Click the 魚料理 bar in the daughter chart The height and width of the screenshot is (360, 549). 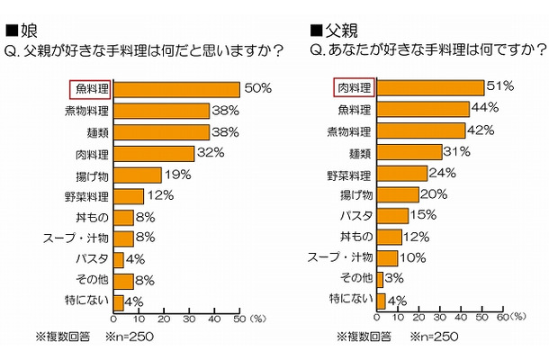tap(176, 89)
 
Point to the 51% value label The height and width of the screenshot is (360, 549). tap(499, 86)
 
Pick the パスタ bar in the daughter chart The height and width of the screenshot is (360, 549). tap(119, 259)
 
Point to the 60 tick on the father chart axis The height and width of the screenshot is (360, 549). tap(503, 318)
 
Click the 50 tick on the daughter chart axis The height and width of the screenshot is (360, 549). tap(239, 318)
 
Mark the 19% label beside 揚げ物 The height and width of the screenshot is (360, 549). tap(177, 175)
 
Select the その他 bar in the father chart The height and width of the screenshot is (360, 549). tap(381, 279)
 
